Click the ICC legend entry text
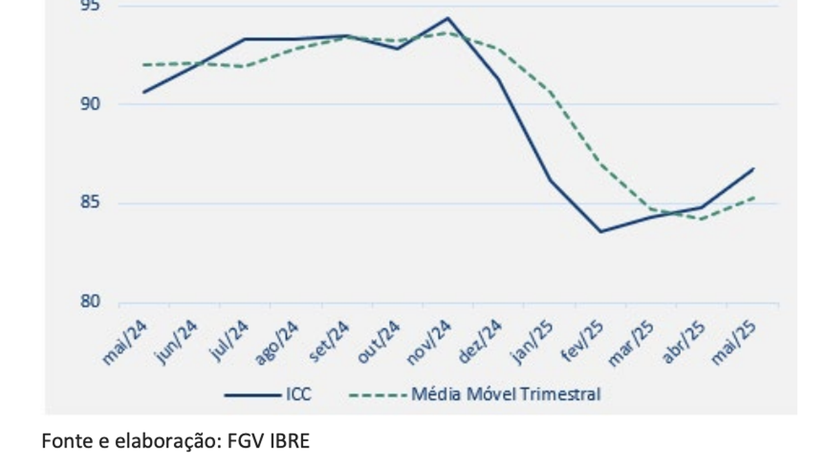[298, 394]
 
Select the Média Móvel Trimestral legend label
[506, 394]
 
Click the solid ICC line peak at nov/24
[447, 18]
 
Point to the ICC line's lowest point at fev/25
[600, 231]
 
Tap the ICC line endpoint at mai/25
[753, 169]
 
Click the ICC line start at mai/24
[143, 92]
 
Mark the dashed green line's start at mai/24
[143, 65]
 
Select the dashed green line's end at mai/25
[753, 197]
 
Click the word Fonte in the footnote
[60, 441]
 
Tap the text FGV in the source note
[242, 441]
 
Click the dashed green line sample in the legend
[377, 394]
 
